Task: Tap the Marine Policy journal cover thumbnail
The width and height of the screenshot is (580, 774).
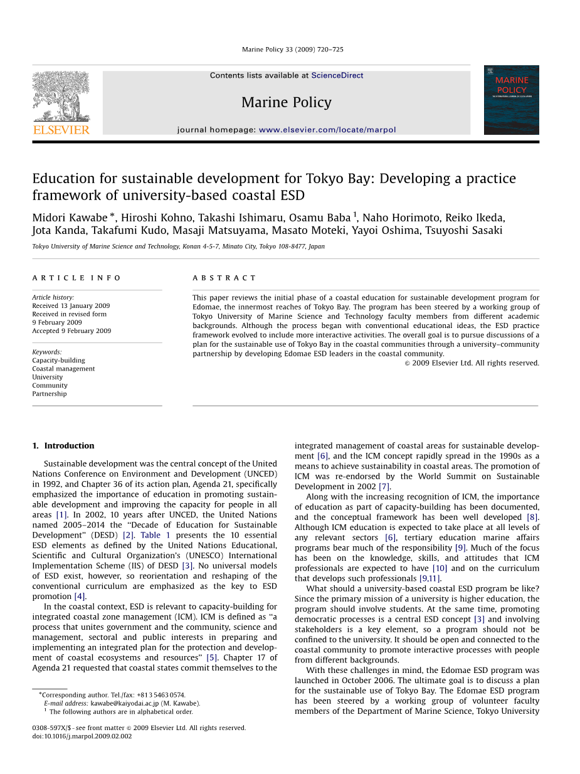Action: pyautogui.click(x=511, y=100)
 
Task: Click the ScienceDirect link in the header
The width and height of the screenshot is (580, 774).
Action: pyautogui.click(x=337, y=75)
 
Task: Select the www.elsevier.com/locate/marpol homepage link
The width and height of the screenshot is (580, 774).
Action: pyautogui.click(x=327, y=130)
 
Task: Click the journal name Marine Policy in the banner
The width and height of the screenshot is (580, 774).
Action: pyautogui.click(x=286, y=102)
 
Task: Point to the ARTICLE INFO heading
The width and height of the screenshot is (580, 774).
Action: pyautogui.click(x=77, y=278)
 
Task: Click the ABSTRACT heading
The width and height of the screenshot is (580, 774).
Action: pyautogui.click(x=224, y=278)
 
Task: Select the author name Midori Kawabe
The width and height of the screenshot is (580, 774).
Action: pyautogui.click(x=70, y=218)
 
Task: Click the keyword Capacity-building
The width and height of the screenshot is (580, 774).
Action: pyautogui.click(x=59, y=361)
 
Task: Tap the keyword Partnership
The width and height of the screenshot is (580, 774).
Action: pyautogui.click(x=50, y=394)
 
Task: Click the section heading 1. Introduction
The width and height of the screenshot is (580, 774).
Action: pyautogui.click(x=63, y=446)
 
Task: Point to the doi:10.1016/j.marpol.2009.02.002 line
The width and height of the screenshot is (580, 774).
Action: pyautogui.click(x=82, y=736)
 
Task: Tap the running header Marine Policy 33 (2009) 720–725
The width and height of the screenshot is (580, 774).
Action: pyautogui.click(x=292, y=50)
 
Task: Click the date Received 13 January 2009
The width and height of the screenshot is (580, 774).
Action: pyautogui.click(x=71, y=306)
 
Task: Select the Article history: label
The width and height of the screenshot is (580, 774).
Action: pyautogui.click(x=53, y=297)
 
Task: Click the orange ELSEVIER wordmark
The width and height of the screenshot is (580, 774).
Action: pyautogui.click(x=61, y=130)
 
